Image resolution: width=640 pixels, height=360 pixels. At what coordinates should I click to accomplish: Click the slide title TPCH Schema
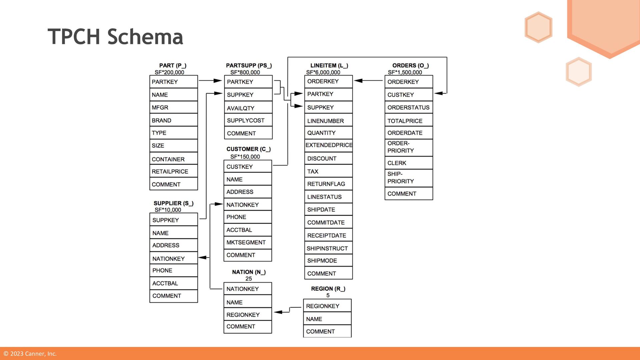tap(115, 37)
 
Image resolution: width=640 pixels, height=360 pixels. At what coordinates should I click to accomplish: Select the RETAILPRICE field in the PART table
tap(173, 171)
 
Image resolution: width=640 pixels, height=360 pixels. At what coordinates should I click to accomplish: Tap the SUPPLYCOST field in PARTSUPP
tap(248, 120)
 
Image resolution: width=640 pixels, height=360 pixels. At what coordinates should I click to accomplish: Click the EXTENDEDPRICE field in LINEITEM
tap(329, 145)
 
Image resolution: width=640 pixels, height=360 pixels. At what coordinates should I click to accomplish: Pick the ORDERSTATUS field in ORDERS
tap(409, 107)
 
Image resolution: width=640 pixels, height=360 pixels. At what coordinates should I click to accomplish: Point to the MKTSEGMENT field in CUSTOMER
tap(248, 242)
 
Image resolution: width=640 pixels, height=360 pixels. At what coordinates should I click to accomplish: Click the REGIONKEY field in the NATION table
tap(248, 315)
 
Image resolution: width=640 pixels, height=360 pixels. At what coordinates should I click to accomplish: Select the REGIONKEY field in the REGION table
tap(327, 306)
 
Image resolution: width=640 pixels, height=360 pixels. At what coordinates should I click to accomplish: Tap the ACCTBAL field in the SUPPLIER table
tap(173, 283)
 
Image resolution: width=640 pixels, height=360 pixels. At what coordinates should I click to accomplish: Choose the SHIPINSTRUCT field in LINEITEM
tap(328, 248)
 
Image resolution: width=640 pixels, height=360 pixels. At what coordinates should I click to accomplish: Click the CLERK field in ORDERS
tap(409, 163)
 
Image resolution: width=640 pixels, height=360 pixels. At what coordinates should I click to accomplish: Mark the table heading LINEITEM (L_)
tap(329, 66)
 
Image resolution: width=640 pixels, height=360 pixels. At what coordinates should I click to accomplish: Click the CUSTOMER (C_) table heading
tap(248, 149)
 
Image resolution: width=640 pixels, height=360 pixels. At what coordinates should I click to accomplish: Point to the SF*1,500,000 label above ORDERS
tap(405, 72)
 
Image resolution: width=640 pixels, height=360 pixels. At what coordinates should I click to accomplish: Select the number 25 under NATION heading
tap(249, 279)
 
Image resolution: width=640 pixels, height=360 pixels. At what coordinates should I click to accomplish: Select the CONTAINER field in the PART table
tap(173, 159)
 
